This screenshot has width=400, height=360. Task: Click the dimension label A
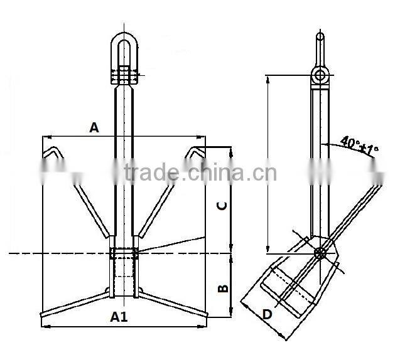coord(94,127)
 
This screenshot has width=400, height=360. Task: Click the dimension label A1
coord(119,317)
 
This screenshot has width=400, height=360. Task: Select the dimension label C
coord(221,205)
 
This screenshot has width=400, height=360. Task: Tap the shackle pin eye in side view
coord(320,76)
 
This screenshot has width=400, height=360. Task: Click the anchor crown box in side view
coord(289,289)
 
